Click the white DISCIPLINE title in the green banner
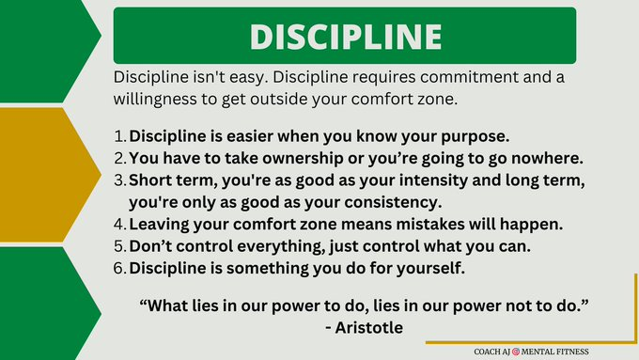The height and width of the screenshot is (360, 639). pos(345,36)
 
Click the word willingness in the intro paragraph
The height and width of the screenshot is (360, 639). pos(161,97)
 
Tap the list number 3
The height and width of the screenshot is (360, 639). pos(119,180)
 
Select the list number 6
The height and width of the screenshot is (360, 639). pos(119,268)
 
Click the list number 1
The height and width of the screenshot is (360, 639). pos(119,137)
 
